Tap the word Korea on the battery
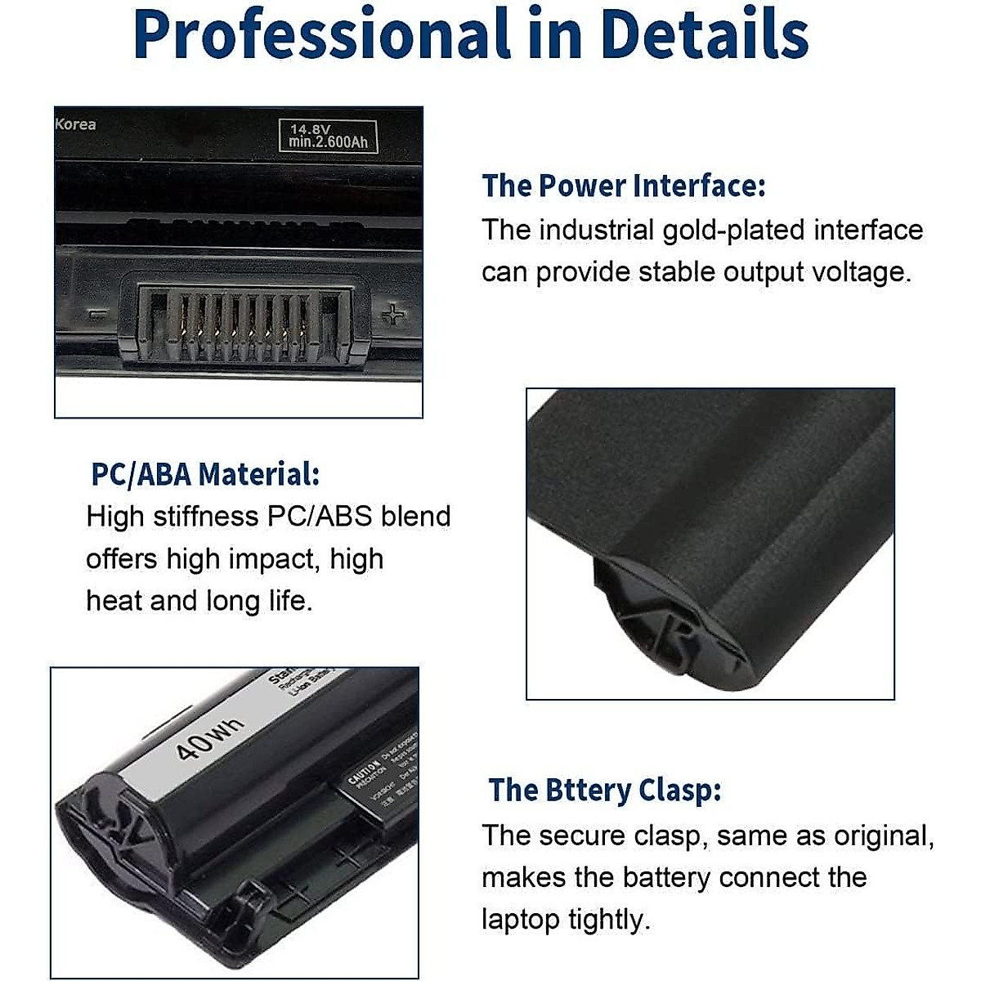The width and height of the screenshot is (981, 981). point(75,124)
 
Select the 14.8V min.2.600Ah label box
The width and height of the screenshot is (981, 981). point(328,136)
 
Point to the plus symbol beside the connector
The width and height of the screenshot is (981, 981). point(394,314)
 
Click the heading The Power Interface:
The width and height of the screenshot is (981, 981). point(623,186)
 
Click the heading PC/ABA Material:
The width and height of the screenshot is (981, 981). point(205,474)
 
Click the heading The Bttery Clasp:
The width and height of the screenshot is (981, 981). point(605,791)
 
